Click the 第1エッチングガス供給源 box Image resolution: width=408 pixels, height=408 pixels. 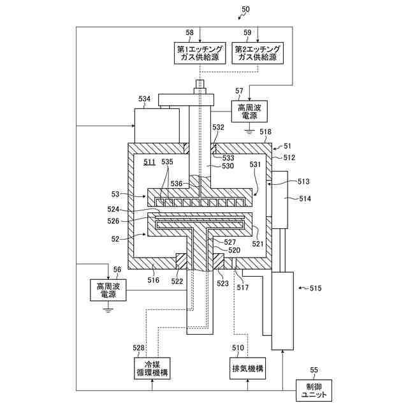(200, 53)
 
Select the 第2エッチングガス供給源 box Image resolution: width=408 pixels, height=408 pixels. (258, 53)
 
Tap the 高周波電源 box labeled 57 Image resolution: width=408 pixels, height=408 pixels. (249, 112)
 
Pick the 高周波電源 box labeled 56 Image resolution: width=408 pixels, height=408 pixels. (108, 290)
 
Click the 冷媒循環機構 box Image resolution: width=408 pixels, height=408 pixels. (152, 368)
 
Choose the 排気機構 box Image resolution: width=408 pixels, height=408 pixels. (247, 368)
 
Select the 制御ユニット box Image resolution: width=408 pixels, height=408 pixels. (314, 390)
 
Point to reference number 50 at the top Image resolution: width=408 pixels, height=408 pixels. (245, 10)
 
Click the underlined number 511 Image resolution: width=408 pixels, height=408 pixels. (149, 162)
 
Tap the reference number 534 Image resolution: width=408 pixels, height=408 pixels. (145, 99)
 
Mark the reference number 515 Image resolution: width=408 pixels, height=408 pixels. (316, 288)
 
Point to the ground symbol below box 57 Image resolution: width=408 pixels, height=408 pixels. (249, 131)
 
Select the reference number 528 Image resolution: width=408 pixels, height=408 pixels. (138, 348)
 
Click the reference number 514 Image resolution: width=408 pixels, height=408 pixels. (305, 199)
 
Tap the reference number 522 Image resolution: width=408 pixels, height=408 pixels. (177, 281)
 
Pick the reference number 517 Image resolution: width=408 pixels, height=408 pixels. (242, 288)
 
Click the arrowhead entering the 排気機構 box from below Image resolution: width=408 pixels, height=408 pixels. (247, 381)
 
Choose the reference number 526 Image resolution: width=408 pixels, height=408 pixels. (113, 221)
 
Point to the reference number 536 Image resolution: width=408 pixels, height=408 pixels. (177, 184)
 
